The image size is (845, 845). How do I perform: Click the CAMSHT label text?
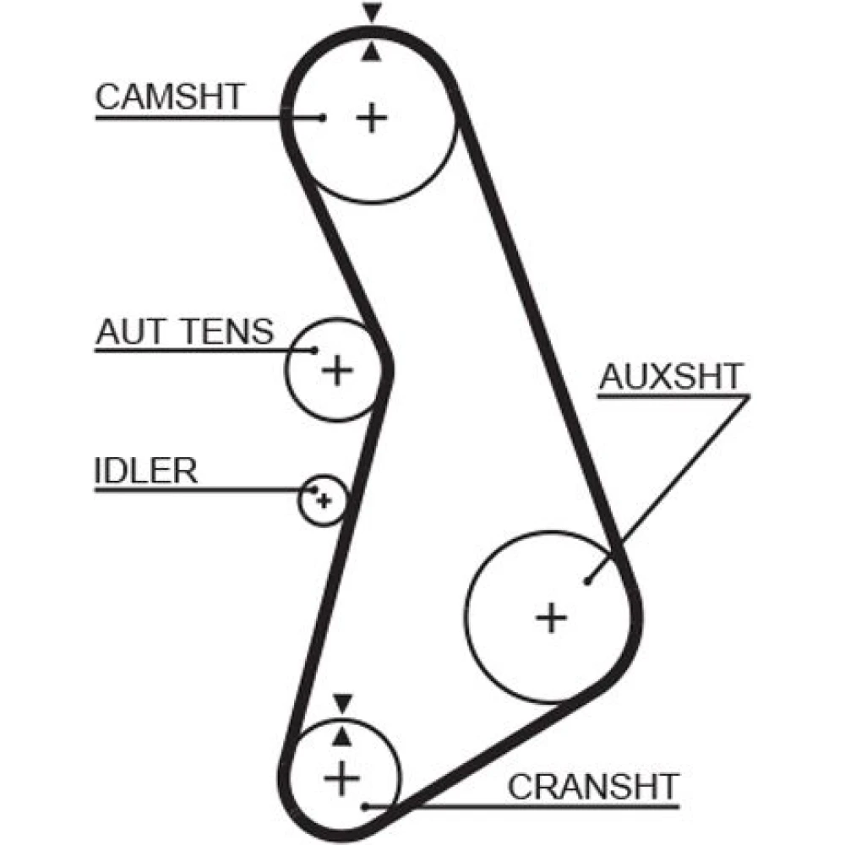tap(169, 96)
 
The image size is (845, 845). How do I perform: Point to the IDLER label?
tap(145, 471)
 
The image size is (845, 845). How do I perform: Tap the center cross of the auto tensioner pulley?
tap(337, 369)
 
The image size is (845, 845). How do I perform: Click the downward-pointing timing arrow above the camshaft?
tap(371, 14)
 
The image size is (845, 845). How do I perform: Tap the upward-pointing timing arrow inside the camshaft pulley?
tap(371, 54)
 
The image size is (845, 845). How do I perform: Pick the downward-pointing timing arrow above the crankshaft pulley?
tap(341, 702)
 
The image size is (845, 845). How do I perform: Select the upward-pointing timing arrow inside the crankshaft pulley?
tap(341, 737)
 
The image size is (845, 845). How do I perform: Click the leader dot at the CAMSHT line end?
tap(323, 117)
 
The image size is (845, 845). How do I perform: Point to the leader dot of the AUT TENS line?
tap(314, 350)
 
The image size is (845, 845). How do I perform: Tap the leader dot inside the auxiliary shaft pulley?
tap(586, 580)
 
